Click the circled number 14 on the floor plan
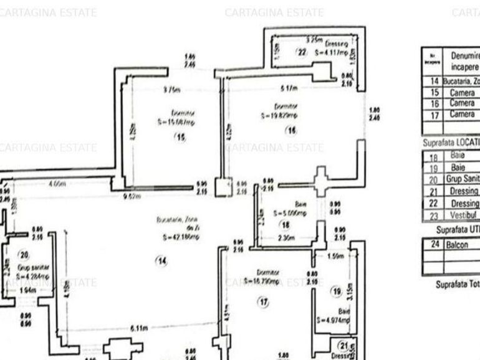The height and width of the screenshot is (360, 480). [x=162, y=262]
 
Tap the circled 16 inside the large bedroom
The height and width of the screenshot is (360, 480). [x=291, y=130]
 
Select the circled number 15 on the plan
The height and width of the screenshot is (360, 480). [x=181, y=138]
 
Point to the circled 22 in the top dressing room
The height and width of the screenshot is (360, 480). [x=302, y=53]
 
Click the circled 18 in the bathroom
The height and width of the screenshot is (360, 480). [x=286, y=225]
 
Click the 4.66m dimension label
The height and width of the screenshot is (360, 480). [x=57, y=184]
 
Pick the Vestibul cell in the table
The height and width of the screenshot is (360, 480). [x=463, y=215]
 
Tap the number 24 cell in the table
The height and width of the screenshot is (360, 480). [x=434, y=245]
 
